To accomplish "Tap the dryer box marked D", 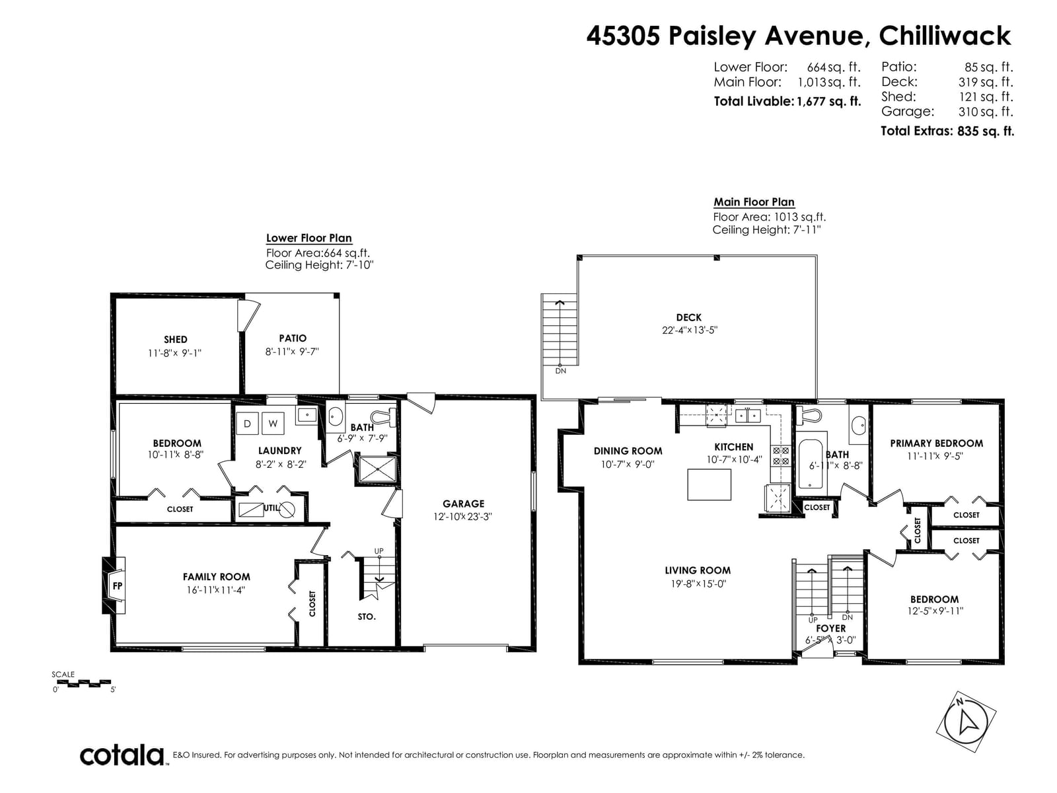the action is (247, 424).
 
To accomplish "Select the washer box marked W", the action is (273, 424).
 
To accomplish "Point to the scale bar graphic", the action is (83, 683).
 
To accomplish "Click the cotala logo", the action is (122, 755).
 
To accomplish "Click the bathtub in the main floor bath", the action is (811, 463).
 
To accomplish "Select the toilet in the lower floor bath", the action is (384, 416).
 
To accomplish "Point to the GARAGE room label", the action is (463, 504).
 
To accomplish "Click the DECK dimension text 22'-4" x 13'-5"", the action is (690, 330).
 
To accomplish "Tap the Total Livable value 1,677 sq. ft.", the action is (828, 102).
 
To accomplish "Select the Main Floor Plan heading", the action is (754, 202).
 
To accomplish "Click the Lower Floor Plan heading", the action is (309, 239).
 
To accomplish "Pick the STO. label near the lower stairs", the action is (367, 617).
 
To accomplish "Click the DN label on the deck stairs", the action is (560, 371).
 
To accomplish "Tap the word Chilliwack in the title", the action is (945, 36).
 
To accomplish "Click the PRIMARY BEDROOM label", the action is (936, 443).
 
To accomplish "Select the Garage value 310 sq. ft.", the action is (985, 112).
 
